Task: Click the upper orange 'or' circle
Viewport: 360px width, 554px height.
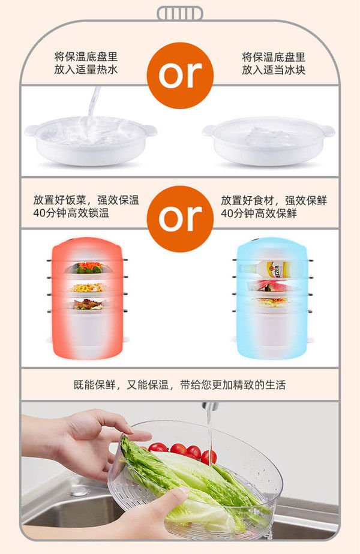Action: click(x=180, y=75)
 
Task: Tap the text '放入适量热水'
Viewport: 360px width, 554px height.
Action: click(x=86, y=70)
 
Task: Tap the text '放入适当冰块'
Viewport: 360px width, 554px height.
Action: click(x=274, y=70)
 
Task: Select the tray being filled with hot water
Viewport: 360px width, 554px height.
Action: click(x=90, y=140)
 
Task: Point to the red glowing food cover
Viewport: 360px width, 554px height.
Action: click(x=87, y=298)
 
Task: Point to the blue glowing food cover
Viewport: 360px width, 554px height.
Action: click(x=272, y=298)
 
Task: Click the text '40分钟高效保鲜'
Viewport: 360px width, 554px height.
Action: click(x=259, y=213)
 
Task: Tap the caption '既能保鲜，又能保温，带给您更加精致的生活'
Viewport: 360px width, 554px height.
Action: click(x=180, y=384)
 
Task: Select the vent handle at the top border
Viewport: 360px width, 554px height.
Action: click(x=179, y=13)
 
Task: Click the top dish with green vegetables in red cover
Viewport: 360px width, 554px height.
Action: click(x=88, y=267)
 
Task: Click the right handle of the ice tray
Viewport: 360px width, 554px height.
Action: click(x=328, y=130)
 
